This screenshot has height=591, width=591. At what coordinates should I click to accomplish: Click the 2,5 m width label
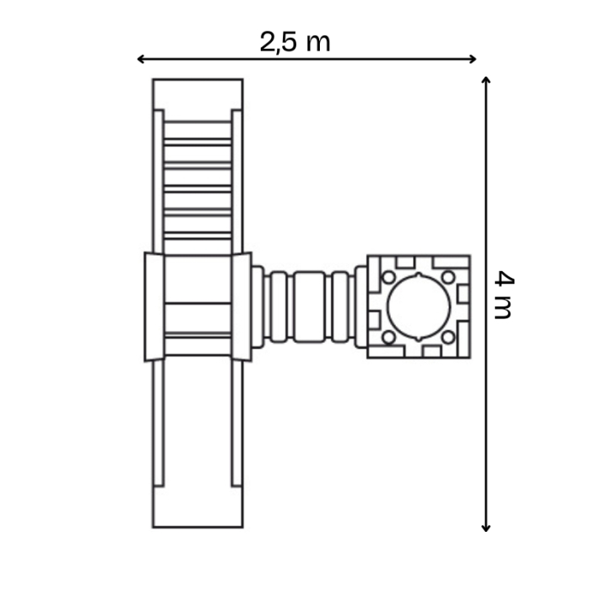pyautogui.click(x=295, y=41)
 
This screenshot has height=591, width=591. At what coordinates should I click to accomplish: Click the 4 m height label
pyautogui.click(x=503, y=295)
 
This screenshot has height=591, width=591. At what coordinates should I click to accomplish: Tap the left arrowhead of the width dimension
pyautogui.click(x=140, y=59)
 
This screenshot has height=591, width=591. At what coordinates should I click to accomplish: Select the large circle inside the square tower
pyautogui.click(x=419, y=306)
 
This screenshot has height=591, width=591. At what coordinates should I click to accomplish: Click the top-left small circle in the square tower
pyautogui.click(x=389, y=277)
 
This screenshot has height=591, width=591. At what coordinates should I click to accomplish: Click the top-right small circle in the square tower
pyautogui.click(x=448, y=277)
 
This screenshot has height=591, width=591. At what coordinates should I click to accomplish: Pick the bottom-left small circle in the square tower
pyautogui.click(x=389, y=337)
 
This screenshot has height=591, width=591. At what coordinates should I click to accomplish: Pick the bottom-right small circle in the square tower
pyautogui.click(x=448, y=337)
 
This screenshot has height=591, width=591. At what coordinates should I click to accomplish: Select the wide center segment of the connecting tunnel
pyautogui.click(x=310, y=306)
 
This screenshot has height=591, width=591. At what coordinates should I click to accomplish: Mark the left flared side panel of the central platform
pyautogui.click(x=155, y=306)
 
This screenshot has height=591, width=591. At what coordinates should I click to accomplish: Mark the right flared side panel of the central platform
pyautogui.click(x=241, y=306)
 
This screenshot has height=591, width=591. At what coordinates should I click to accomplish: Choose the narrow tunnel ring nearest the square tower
pyautogui.click(x=361, y=306)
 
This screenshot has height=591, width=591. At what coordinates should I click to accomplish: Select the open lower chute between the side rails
pyautogui.click(x=198, y=422)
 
